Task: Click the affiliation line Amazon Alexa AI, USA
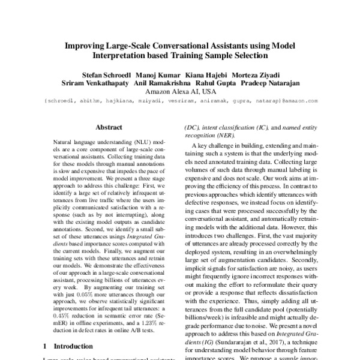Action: click(179, 92)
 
